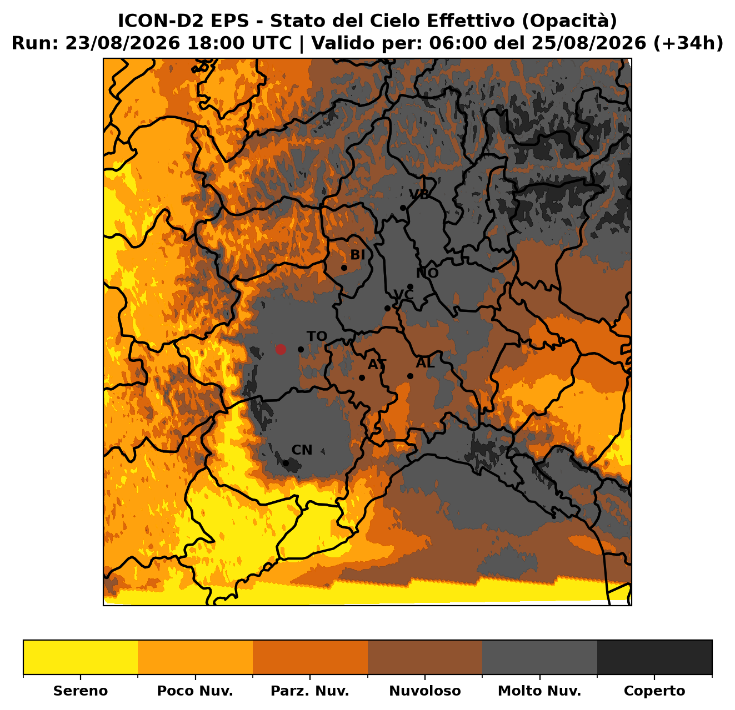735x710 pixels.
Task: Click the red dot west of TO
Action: pos(280,349)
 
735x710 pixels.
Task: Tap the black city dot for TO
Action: pos(301,350)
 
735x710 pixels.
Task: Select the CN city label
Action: pos(302,450)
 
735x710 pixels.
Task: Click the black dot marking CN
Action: pos(286,463)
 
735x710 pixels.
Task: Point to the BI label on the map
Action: pos(357,255)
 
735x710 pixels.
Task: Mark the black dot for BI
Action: pos(344,268)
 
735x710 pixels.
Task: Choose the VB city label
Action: pos(419,194)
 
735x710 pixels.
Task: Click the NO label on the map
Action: pos(427,273)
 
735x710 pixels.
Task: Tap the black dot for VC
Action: pos(388,309)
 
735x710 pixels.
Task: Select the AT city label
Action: pos(377,365)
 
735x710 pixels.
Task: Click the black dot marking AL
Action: pos(410,376)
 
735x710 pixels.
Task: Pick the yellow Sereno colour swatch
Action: pos(81,657)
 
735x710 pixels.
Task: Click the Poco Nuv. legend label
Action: pos(195,691)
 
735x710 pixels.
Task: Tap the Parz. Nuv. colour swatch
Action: pos(310,657)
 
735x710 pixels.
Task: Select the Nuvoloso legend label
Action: pos(425,691)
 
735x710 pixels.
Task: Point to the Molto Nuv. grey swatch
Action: pos(540,657)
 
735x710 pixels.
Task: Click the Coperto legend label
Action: pos(654,691)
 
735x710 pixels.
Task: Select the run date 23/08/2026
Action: pos(122,43)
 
